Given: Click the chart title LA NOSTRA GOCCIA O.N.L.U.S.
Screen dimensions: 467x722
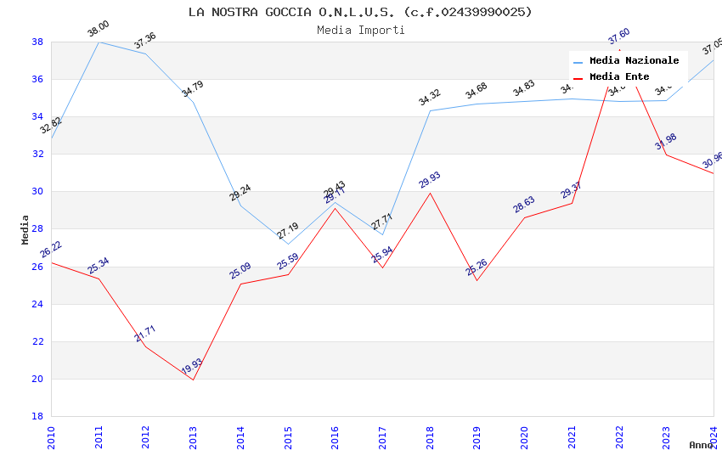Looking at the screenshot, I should pyautogui.click(x=360, y=12).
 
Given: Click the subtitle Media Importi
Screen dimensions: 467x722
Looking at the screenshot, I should pyautogui.click(x=360, y=31).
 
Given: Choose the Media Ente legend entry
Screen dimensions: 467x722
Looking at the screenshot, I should pyautogui.click(x=619, y=77).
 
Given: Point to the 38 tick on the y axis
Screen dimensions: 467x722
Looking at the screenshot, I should pyautogui.click(x=37, y=42).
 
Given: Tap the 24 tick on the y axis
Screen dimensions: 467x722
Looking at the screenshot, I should pyautogui.click(x=37, y=304).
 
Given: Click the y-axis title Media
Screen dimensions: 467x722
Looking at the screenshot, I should pyautogui.click(x=25, y=229).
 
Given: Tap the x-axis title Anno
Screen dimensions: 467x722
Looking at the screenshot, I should pyautogui.click(x=701, y=445).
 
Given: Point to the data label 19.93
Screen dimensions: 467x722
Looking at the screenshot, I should pyautogui.click(x=192, y=367).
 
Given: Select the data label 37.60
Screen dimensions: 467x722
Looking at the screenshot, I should pyautogui.click(x=618, y=37).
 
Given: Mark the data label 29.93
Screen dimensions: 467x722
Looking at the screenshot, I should pyautogui.click(x=430, y=180).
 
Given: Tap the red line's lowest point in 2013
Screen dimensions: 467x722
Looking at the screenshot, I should pyautogui.click(x=193, y=380).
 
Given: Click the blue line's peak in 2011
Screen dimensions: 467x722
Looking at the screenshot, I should pyautogui.click(x=99, y=42).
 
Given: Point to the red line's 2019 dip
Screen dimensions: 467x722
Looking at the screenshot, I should pyautogui.click(x=477, y=280).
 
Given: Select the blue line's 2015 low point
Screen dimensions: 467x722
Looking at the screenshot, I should pyautogui.click(x=288, y=245).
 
